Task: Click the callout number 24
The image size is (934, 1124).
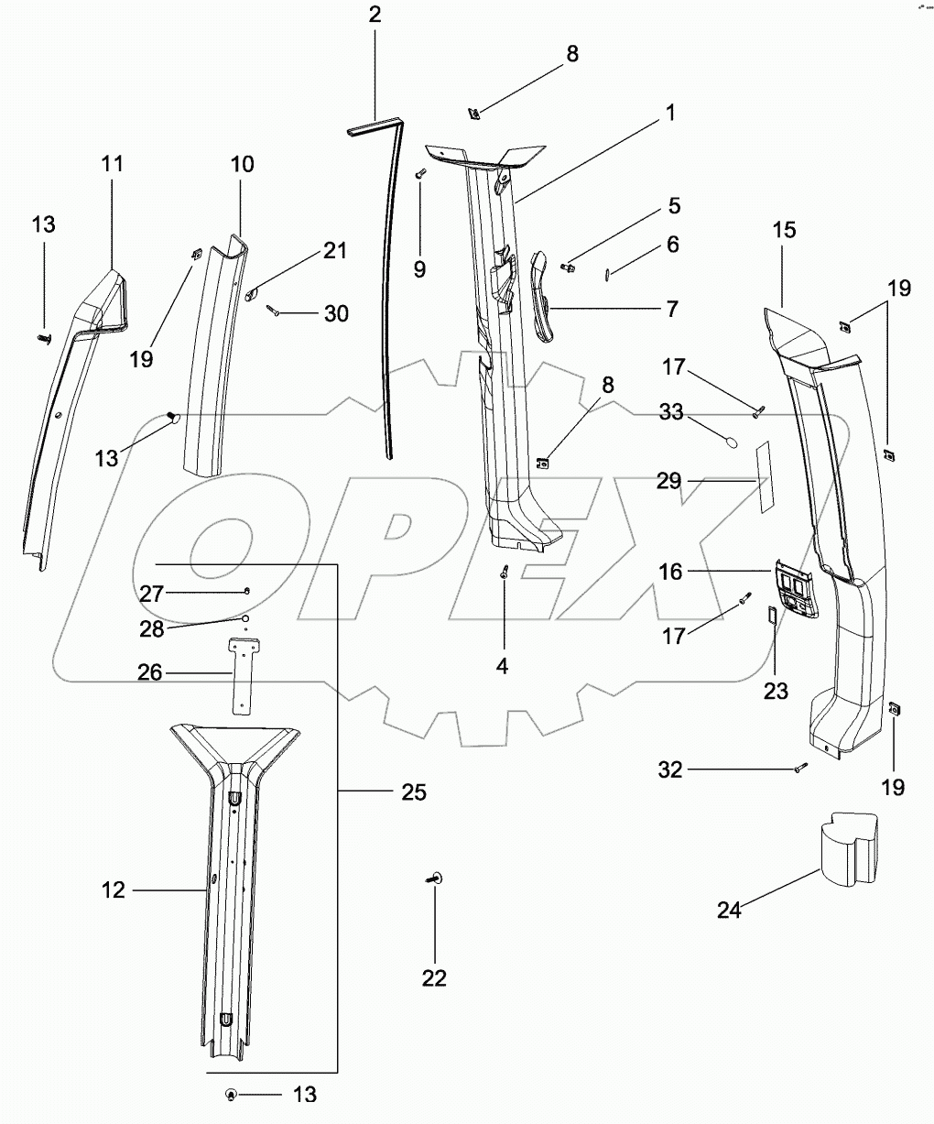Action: click(x=729, y=910)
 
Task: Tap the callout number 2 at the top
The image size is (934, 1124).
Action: click(x=375, y=14)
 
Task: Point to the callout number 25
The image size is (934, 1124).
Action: click(x=413, y=791)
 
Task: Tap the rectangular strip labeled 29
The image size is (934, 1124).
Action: click(x=763, y=475)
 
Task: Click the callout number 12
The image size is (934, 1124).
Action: click(x=114, y=889)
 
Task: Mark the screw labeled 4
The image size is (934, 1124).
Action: click(x=505, y=572)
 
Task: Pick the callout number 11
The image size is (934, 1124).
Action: click(x=112, y=164)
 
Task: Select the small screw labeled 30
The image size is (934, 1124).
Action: click(x=274, y=312)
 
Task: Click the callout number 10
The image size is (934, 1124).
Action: click(x=242, y=165)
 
